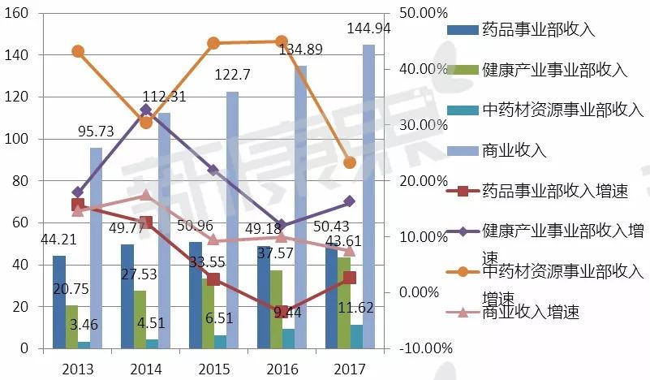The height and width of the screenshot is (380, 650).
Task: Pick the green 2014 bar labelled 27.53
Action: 140,320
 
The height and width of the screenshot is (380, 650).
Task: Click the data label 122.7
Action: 232,75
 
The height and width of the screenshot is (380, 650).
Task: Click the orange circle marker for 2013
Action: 78,51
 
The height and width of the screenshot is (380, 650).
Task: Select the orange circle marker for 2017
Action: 350,162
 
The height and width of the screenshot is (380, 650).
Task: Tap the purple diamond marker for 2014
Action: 146,110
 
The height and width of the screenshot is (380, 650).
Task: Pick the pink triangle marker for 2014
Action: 146,195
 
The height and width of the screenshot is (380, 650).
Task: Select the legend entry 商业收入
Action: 514,150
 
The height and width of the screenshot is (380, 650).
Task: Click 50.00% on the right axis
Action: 424,13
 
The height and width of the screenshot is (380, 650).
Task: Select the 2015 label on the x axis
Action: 214,369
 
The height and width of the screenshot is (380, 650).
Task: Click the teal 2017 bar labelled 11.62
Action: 356,336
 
